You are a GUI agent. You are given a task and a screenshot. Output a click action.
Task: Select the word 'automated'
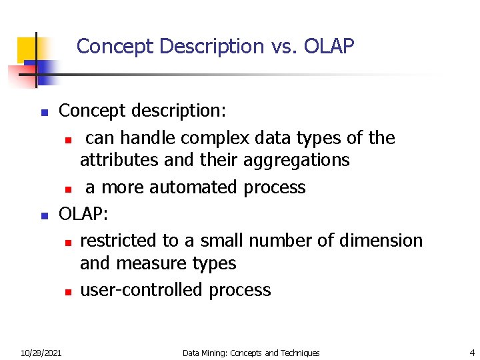point(193,187)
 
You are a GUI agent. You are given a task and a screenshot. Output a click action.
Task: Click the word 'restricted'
point(120,240)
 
